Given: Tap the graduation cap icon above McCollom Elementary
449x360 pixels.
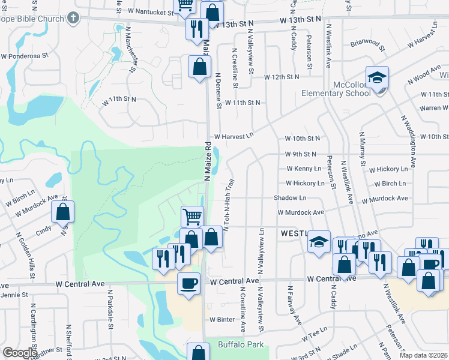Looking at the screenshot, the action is [378, 77].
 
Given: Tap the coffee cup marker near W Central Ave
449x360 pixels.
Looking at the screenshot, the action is [189, 283].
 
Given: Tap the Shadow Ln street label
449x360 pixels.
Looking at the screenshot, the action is [290, 197].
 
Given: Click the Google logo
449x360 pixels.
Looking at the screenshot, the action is [20, 353].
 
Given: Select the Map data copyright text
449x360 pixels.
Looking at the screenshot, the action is [423, 355].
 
